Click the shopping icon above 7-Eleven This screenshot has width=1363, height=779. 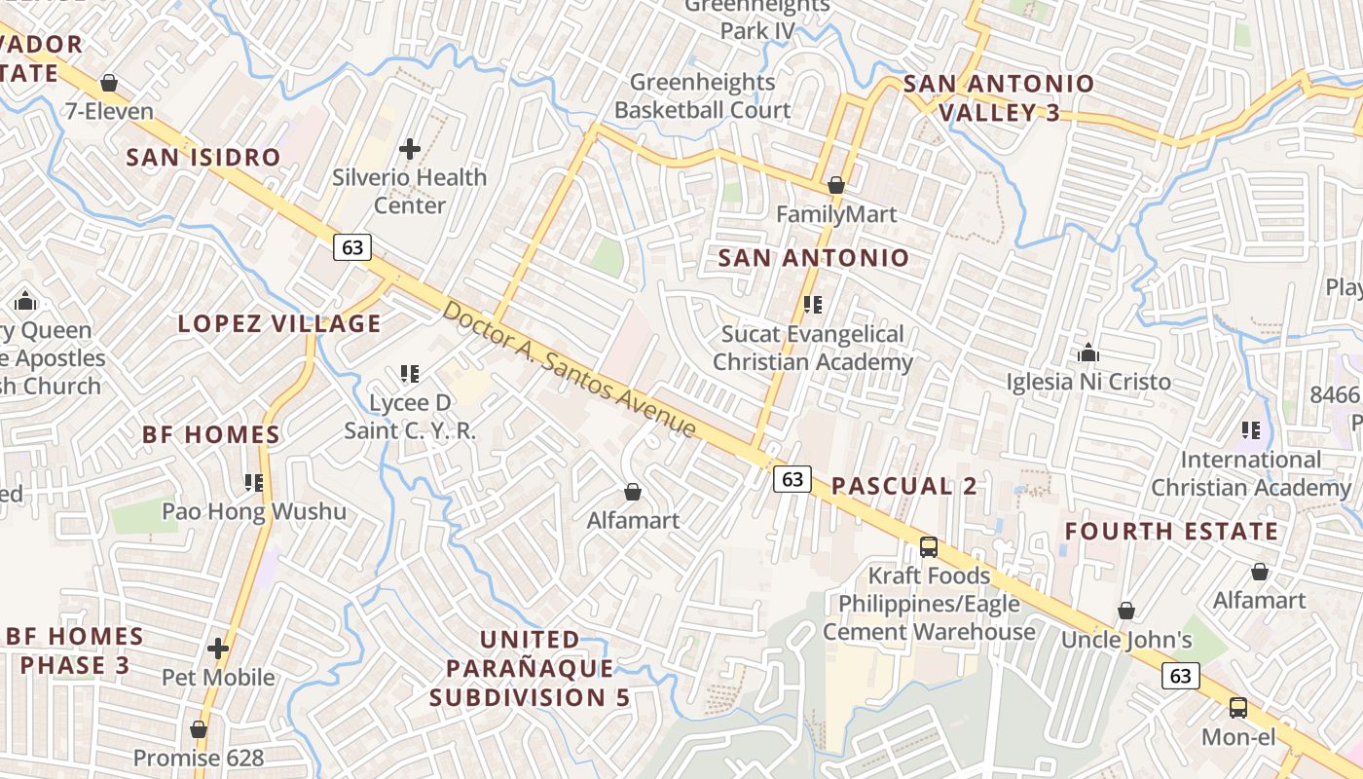pyautogui.click(x=109, y=83)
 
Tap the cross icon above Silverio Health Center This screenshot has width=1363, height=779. pyautogui.click(x=410, y=149)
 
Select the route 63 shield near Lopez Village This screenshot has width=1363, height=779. pyautogui.click(x=352, y=247)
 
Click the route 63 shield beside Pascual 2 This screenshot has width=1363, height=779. pyautogui.click(x=792, y=478)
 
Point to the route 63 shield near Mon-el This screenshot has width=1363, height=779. pyautogui.click(x=1181, y=675)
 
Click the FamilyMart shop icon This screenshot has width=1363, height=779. pyautogui.click(x=835, y=185)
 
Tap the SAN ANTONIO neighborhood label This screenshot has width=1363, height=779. pyautogui.click(x=813, y=258)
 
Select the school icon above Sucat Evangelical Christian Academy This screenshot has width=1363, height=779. pyautogui.click(x=813, y=305)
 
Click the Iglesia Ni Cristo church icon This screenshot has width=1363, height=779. pyautogui.click(x=1088, y=352)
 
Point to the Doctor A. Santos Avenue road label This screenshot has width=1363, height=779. pyautogui.click(x=570, y=369)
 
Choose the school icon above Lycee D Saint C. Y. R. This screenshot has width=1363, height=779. pyautogui.click(x=410, y=373)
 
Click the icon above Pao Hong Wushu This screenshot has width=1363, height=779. pyautogui.click(x=254, y=482)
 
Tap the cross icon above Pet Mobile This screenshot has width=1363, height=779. pyautogui.click(x=218, y=648)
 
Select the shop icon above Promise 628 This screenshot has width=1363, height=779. pyautogui.click(x=199, y=728)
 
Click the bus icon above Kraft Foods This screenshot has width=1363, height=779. pyautogui.click(x=929, y=546)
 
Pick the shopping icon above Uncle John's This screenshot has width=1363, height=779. pyautogui.click(x=1125, y=611)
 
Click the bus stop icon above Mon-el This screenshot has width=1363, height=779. pyautogui.click(x=1238, y=707)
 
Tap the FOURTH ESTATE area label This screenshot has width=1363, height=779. pyautogui.click(x=1171, y=532)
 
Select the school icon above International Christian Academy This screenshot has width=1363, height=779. pyautogui.click(x=1251, y=429)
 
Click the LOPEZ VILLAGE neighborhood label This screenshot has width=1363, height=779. pyautogui.click(x=279, y=323)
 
